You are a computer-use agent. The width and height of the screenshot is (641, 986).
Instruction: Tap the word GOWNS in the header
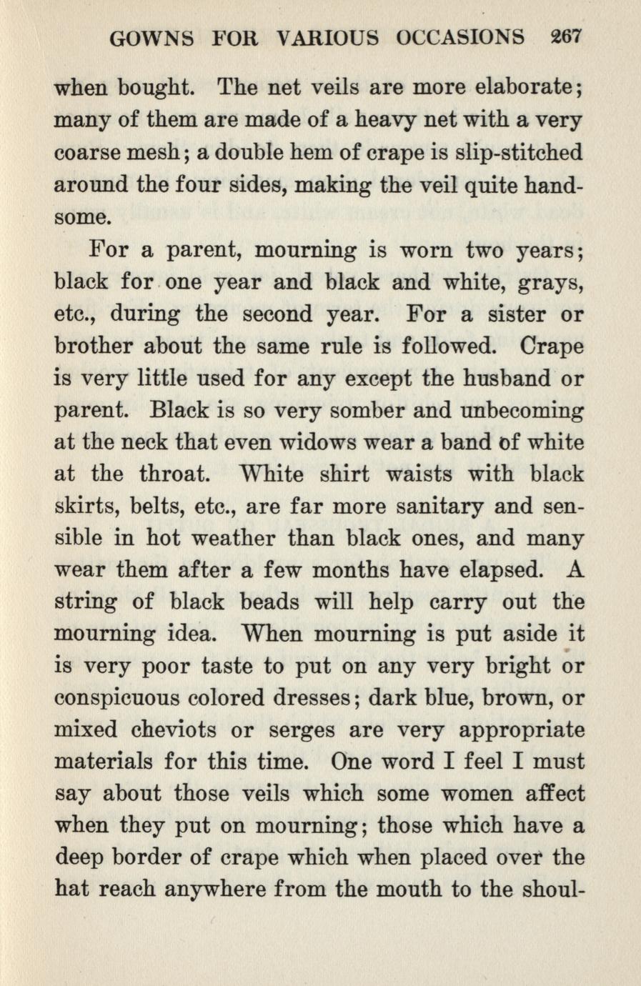click(x=151, y=37)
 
